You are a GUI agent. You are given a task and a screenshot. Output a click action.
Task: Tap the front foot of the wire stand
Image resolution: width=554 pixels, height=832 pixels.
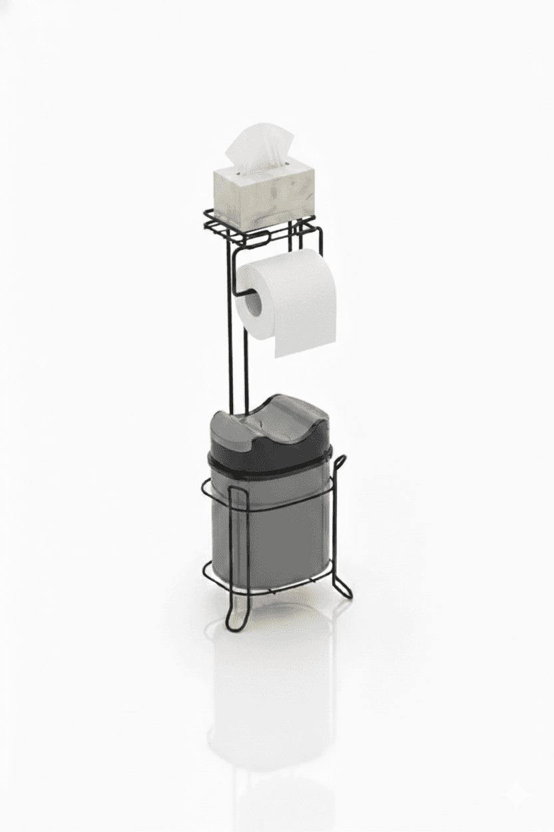237,620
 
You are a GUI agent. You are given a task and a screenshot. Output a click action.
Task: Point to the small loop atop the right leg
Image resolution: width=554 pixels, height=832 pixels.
341,462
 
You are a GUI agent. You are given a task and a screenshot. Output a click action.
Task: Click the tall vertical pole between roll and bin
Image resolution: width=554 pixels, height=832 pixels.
231,360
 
